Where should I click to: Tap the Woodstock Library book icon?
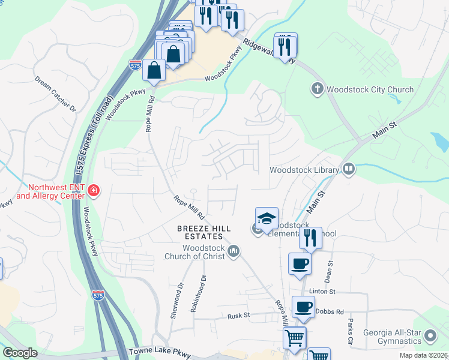point(348,170)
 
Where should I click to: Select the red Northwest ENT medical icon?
point(93,191)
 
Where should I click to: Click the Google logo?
point(20,353)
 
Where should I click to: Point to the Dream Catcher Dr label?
point(55,94)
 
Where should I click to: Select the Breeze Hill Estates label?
point(203,232)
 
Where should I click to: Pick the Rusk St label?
point(238,316)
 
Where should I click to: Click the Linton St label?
point(320,291)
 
